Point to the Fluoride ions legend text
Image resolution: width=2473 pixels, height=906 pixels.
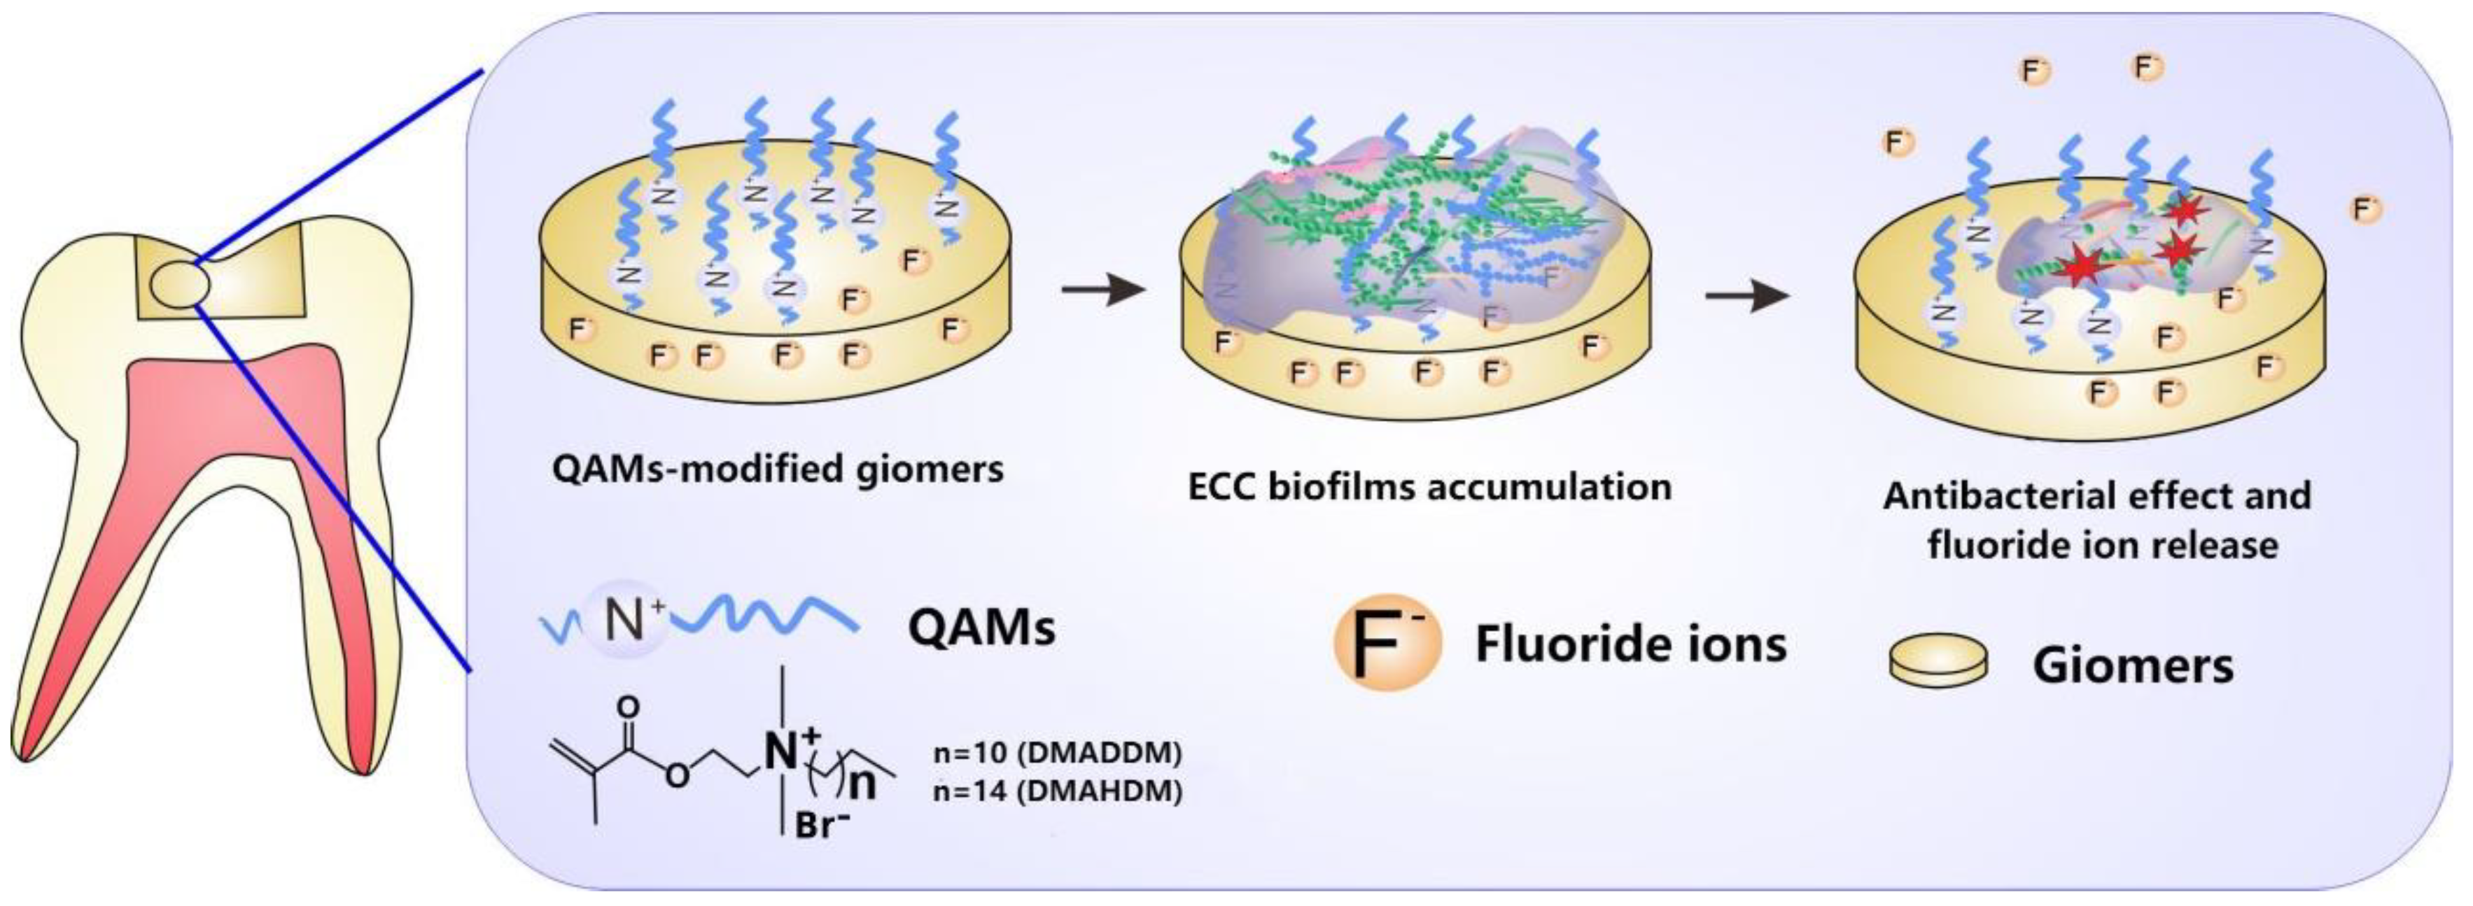coord(1630,643)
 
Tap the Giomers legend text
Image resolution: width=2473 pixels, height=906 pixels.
coord(2133,664)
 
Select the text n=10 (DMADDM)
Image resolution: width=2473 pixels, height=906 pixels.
coord(1057,753)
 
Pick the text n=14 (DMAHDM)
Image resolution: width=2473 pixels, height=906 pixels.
coord(1057,792)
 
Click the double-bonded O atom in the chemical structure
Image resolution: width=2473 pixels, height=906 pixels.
coord(629,707)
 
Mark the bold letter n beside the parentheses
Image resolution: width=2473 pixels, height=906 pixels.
coord(863,784)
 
